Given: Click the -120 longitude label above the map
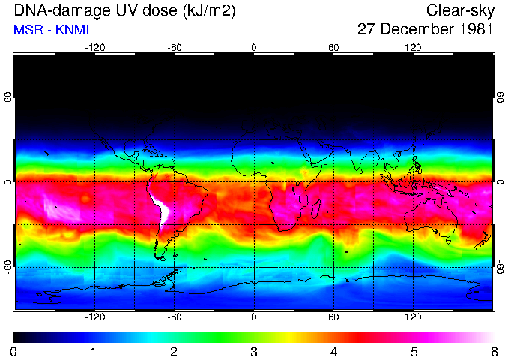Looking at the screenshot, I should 94,48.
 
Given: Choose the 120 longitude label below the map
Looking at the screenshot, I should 414,317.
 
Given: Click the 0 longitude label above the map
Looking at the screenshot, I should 254,48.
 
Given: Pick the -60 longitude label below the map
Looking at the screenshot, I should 174,317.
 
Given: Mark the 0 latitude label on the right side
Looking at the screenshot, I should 501,181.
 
